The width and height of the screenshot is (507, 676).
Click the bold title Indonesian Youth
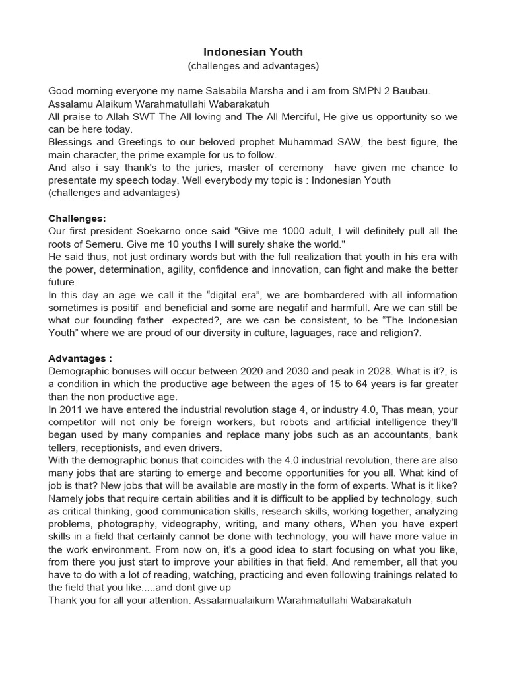253,52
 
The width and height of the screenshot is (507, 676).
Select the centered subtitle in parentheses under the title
253,66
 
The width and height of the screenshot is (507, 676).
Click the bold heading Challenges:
77,219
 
